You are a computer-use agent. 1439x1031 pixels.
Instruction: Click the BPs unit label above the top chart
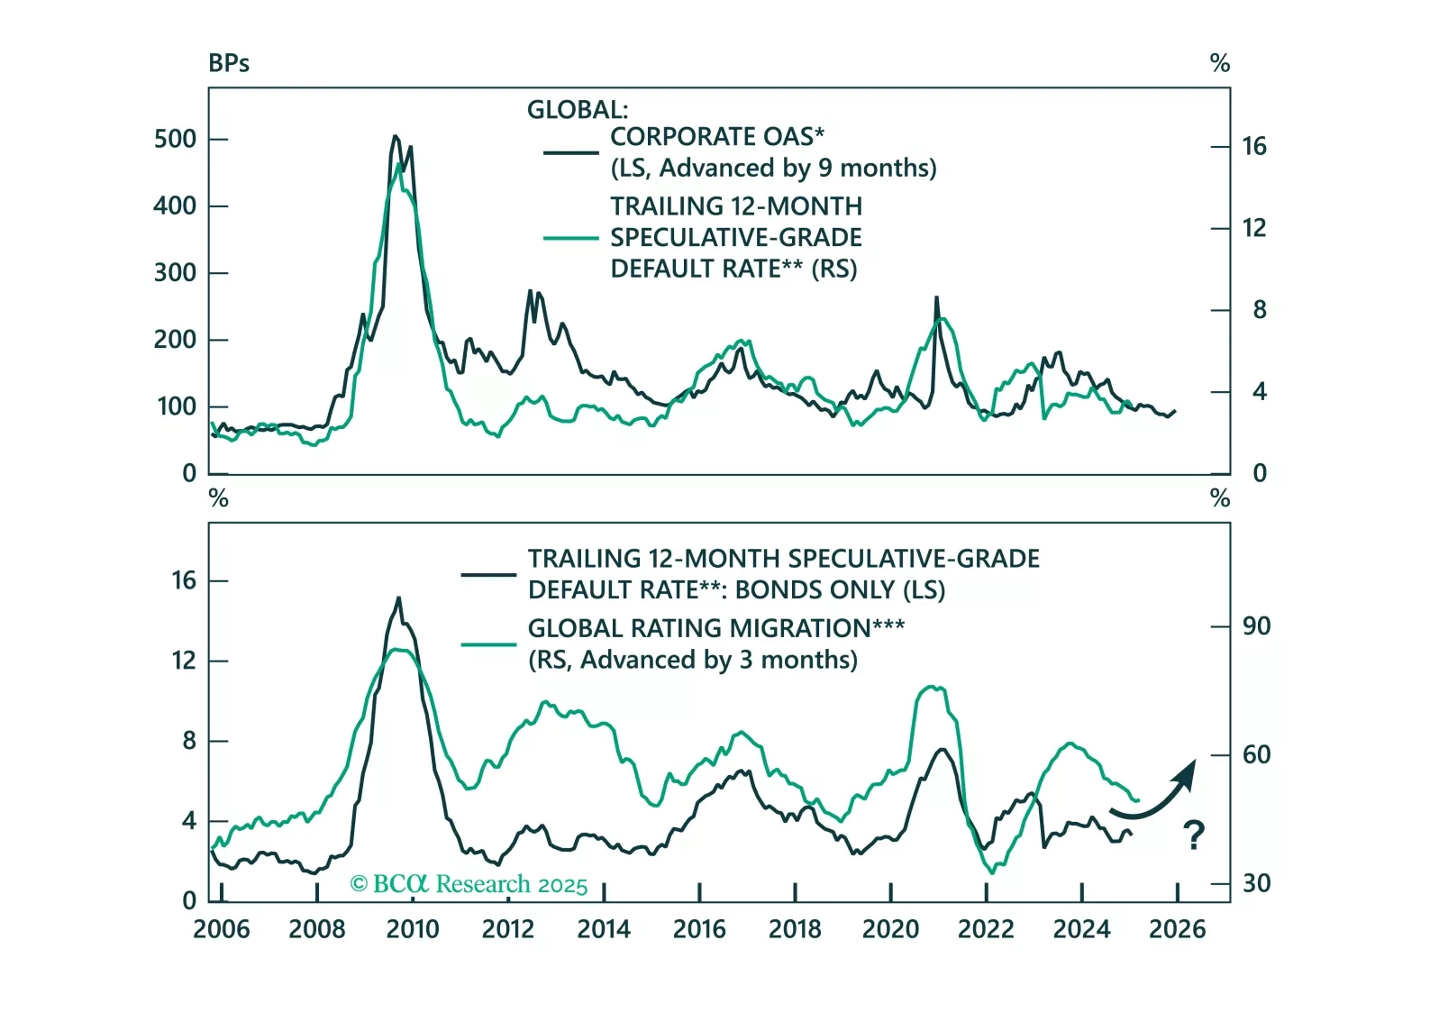pos(229,63)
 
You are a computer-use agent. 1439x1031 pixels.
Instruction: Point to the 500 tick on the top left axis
pos(175,139)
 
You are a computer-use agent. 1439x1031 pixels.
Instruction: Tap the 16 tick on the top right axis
pos(1253,146)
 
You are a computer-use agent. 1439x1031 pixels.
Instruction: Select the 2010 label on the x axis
pos(413,929)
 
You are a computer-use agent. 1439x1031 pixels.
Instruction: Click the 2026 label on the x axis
pos(1177,929)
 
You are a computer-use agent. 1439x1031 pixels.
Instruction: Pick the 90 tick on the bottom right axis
pos(1256,625)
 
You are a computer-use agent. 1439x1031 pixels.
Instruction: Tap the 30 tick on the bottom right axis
pos(1256,883)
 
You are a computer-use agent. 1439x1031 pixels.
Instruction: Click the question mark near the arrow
pos(1194,835)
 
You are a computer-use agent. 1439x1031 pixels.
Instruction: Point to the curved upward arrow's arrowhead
pos(1188,772)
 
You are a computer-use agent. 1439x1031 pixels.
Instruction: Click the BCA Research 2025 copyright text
pos(469,884)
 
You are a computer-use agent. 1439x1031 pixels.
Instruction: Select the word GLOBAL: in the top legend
pos(578,110)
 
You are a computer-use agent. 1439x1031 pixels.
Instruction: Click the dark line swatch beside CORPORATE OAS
pos(570,152)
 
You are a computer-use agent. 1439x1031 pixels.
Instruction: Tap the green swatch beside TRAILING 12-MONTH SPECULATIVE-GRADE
pos(570,238)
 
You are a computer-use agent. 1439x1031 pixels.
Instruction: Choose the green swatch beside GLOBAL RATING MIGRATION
pos(488,643)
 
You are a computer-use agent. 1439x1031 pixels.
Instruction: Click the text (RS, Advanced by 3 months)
pos(692,660)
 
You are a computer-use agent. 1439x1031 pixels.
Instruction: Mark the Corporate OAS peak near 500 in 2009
pos(395,137)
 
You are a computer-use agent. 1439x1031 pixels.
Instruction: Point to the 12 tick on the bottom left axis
pos(184,661)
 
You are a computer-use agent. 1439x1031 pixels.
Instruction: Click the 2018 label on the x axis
pos(795,929)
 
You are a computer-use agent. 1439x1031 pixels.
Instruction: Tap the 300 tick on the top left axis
pos(175,272)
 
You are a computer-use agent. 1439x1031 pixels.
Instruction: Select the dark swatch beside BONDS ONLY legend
pos(488,574)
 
